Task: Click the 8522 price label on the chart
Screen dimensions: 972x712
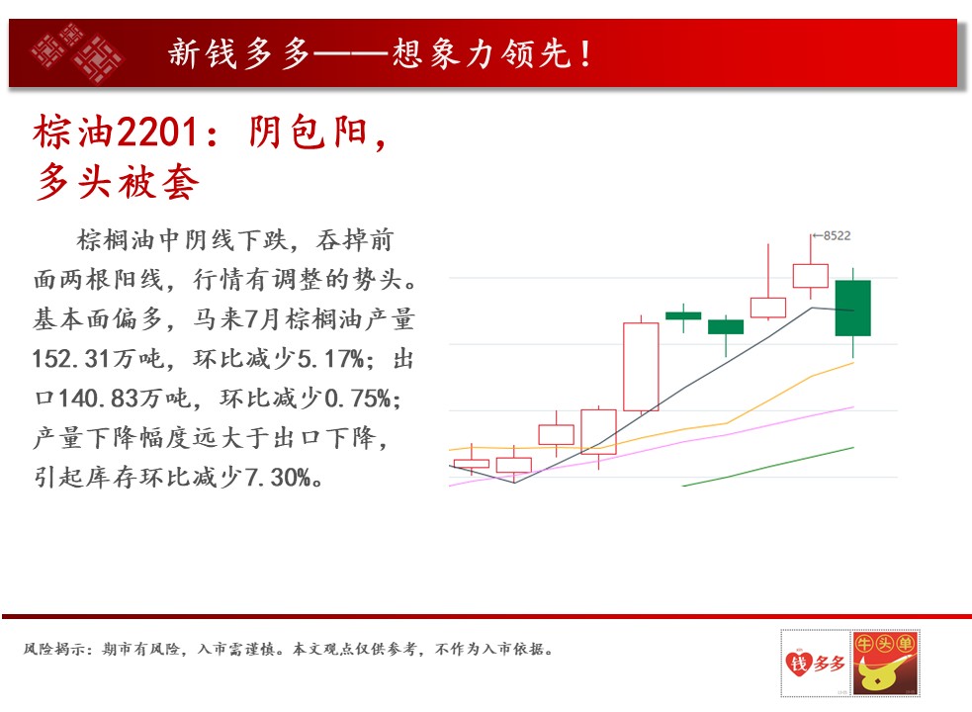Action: pyautogui.click(x=837, y=235)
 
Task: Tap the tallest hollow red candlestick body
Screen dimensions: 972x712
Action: pyautogui.click(x=641, y=367)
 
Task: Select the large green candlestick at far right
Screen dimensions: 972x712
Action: pyautogui.click(x=853, y=309)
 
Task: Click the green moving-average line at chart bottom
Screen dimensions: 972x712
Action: pyautogui.click(x=768, y=467)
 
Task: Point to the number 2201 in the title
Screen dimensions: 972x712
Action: pyautogui.click(x=157, y=133)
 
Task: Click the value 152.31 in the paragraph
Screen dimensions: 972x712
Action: pyautogui.click(x=71, y=359)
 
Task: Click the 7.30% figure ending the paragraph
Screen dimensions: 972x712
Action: pyautogui.click(x=278, y=478)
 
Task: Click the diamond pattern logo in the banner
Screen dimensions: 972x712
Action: pyautogui.click(x=78, y=53)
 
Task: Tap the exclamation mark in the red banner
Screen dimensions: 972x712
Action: pyautogui.click(x=585, y=53)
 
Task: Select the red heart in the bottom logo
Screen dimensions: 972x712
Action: pyautogui.click(x=798, y=663)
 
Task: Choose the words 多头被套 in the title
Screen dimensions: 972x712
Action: pyautogui.click(x=117, y=182)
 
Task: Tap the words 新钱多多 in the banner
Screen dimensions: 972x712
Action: pyautogui.click(x=238, y=53)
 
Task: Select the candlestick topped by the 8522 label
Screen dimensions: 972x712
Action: pyautogui.click(x=811, y=267)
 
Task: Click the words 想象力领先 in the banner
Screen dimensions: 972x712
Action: pyautogui.click(x=481, y=53)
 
